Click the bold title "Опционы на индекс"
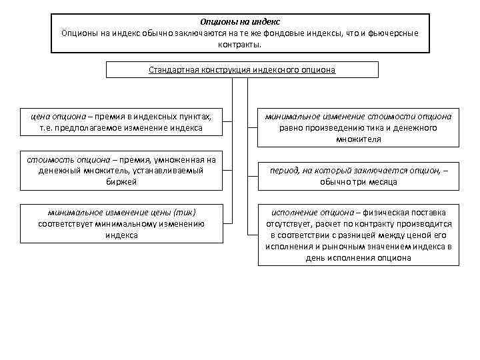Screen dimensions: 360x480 tap(239, 21)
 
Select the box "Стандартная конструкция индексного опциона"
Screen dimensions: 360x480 tap(242, 69)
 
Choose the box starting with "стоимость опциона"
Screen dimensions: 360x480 tap(121, 171)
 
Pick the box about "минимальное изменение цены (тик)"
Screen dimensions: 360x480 tap(121, 223)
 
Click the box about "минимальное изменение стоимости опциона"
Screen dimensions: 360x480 tap(359, 127)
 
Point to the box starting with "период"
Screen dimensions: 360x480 tap(359, 176)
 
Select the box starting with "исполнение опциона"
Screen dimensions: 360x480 tap(359, 235)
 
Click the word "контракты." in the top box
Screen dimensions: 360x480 tap(239, 44)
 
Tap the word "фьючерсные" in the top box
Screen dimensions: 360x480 tap(391, 33)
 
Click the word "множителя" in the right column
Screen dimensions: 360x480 tap(359, 139)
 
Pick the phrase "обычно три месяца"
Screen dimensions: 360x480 tap(359, 182)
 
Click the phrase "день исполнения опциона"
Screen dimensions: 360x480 tap(359, 257)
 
